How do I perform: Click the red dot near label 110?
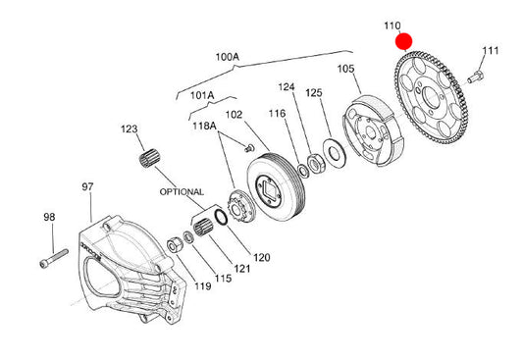(404, 41)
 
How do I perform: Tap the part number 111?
(491, 51)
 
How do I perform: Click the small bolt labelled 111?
(475, 77)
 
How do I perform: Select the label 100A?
(227, 57)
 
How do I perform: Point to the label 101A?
(202, 96)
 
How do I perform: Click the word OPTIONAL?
(182, 192)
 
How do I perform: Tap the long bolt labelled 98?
(54, 258)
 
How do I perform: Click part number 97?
(87, 186)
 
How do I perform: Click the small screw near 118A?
(249, 148)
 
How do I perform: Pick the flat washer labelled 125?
(335, 153)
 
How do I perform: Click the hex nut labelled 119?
(174, 246)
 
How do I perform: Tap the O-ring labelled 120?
(221, 217)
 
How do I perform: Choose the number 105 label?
(345, 69)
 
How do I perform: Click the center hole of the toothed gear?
(430, 96)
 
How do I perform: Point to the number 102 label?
(234, 115)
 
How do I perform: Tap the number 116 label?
(277, 114)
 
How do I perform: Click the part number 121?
(241, 269)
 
